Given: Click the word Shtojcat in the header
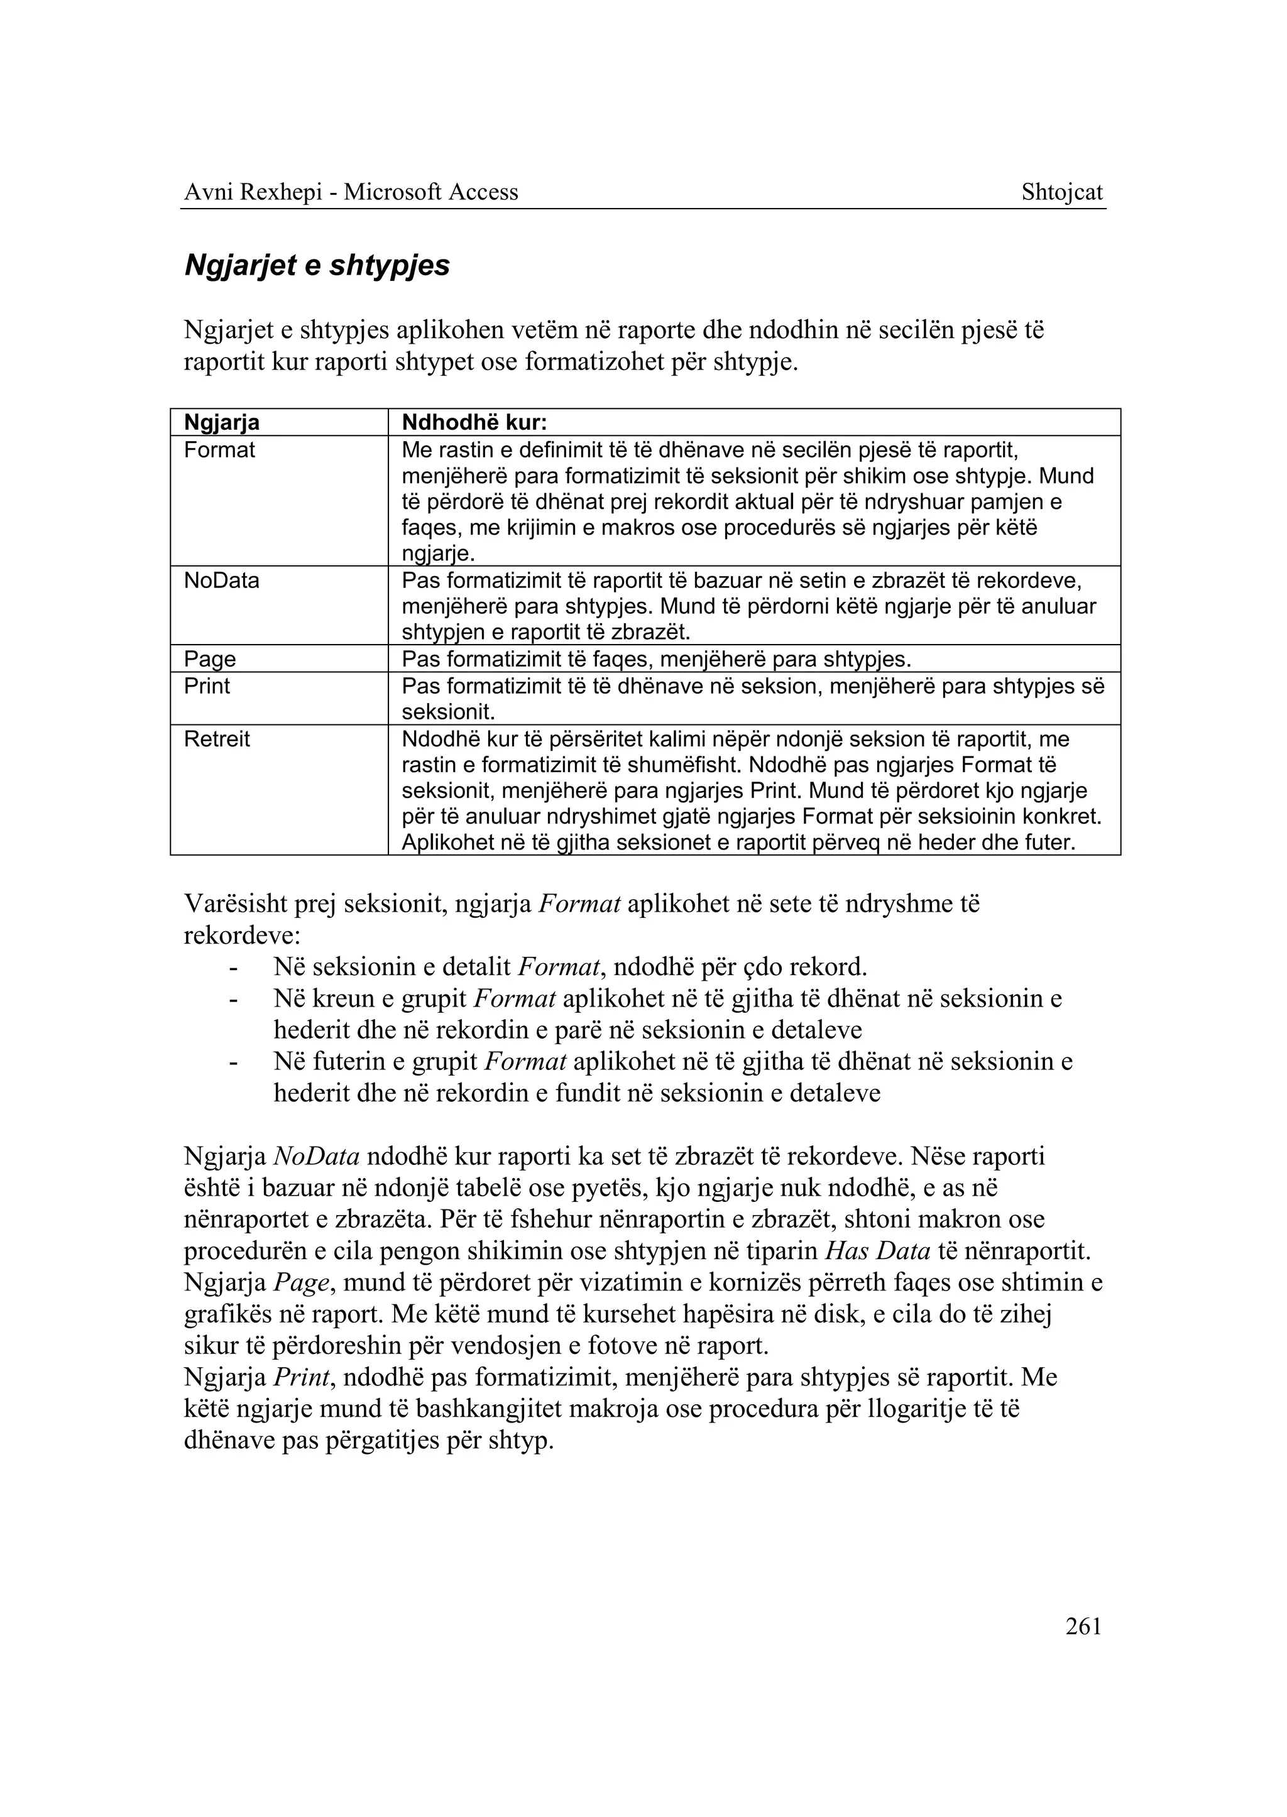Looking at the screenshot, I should coord(1062,192).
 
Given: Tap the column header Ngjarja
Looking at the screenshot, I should coord(222,423).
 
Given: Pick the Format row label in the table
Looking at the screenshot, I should coord(219,450).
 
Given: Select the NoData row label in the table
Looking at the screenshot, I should coord(222,581).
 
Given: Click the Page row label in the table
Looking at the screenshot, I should coord(210,659).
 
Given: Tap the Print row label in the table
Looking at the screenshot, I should coord(207,686).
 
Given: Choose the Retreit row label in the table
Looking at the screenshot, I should coord(216,739).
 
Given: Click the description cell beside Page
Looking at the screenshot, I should coord(657,659).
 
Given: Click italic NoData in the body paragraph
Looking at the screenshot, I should coord(316,1156).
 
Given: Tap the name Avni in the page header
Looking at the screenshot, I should coord(206,192).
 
